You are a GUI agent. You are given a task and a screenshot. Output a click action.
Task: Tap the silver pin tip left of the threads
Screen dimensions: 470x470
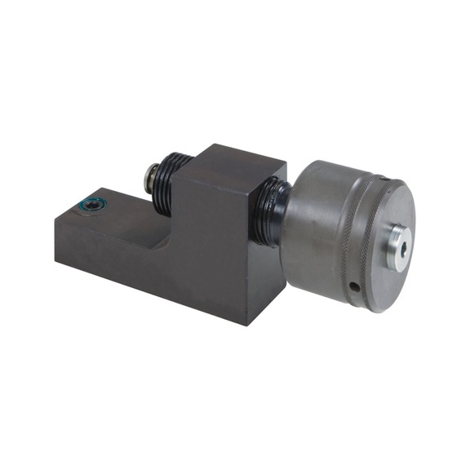[151, 174]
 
